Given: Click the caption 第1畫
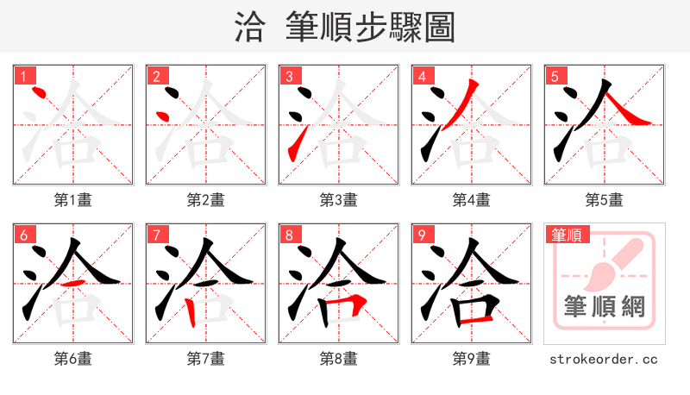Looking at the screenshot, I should (72, 199).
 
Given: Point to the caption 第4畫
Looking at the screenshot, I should (471, 199).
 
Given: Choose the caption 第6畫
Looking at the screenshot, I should (72, 358).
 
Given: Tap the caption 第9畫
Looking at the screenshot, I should (471, 358).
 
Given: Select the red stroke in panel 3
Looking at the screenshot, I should (294, 142).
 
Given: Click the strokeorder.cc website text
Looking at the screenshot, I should (604, 358).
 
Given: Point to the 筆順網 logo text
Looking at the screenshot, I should (604, 307).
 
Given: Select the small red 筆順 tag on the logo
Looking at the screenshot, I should (566, 235).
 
